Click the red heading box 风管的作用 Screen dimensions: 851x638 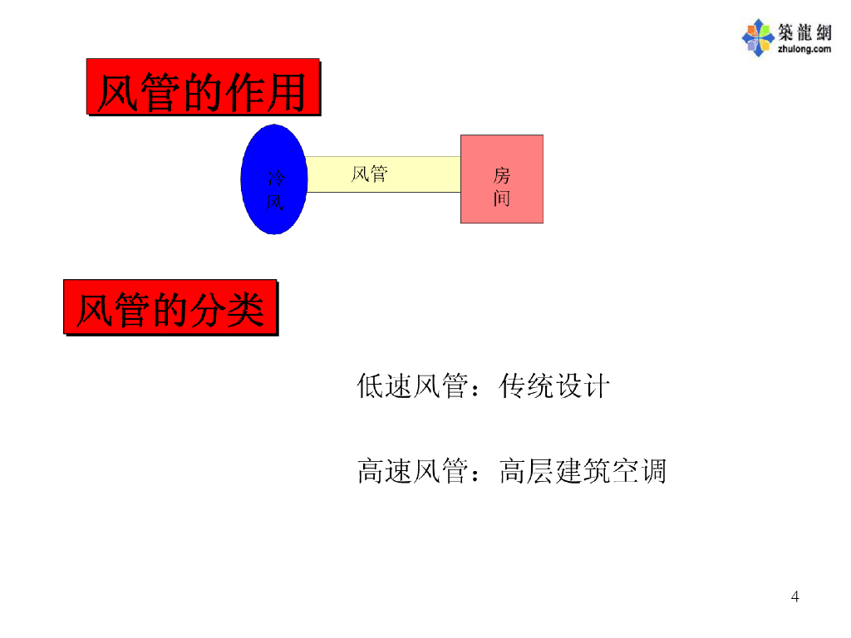tap(203, 86)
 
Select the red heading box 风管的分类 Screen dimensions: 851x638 tap(170, 307)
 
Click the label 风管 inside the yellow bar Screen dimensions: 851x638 tap(369, 174)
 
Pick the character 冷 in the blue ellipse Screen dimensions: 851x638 tap(275, 177)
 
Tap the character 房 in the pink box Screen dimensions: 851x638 tap(502, 175)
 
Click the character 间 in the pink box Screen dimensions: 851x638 tap(502, 198)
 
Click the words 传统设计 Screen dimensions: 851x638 tap(554, 386)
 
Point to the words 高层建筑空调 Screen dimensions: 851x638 tap(583, 472)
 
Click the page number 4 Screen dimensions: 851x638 tap(795, 596)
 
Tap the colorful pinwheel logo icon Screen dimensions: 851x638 tap(757, 38)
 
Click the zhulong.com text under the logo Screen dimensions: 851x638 tap(804, 49)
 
